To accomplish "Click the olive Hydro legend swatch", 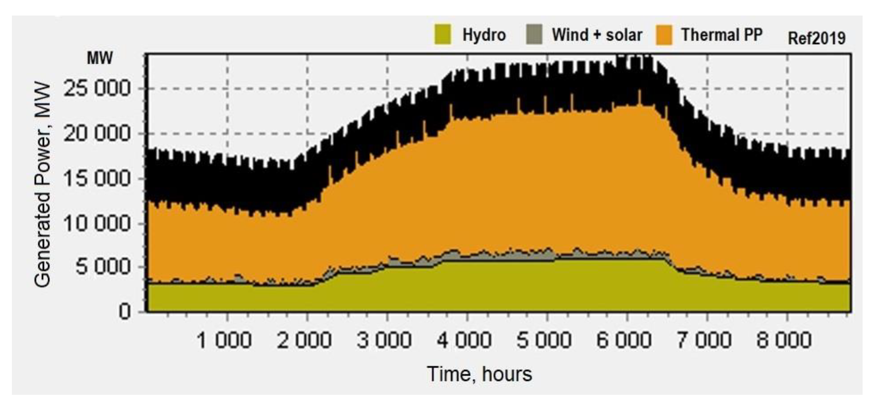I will pos(443,34).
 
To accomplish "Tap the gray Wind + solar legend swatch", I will pos(534,34).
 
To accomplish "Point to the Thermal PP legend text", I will pos(722,35).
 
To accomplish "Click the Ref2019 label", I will pos(816,38).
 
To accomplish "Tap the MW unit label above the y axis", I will pos(100,58).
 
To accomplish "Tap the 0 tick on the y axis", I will pos(124,311).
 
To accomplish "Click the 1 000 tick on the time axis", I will pos(224,340).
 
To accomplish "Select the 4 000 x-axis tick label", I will pos(464,340).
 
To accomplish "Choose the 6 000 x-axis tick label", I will pos(624,340).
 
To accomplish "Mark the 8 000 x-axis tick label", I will pos(784,340).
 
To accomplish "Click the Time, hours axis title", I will pos(479,374).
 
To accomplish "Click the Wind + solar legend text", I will pos(597,35).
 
